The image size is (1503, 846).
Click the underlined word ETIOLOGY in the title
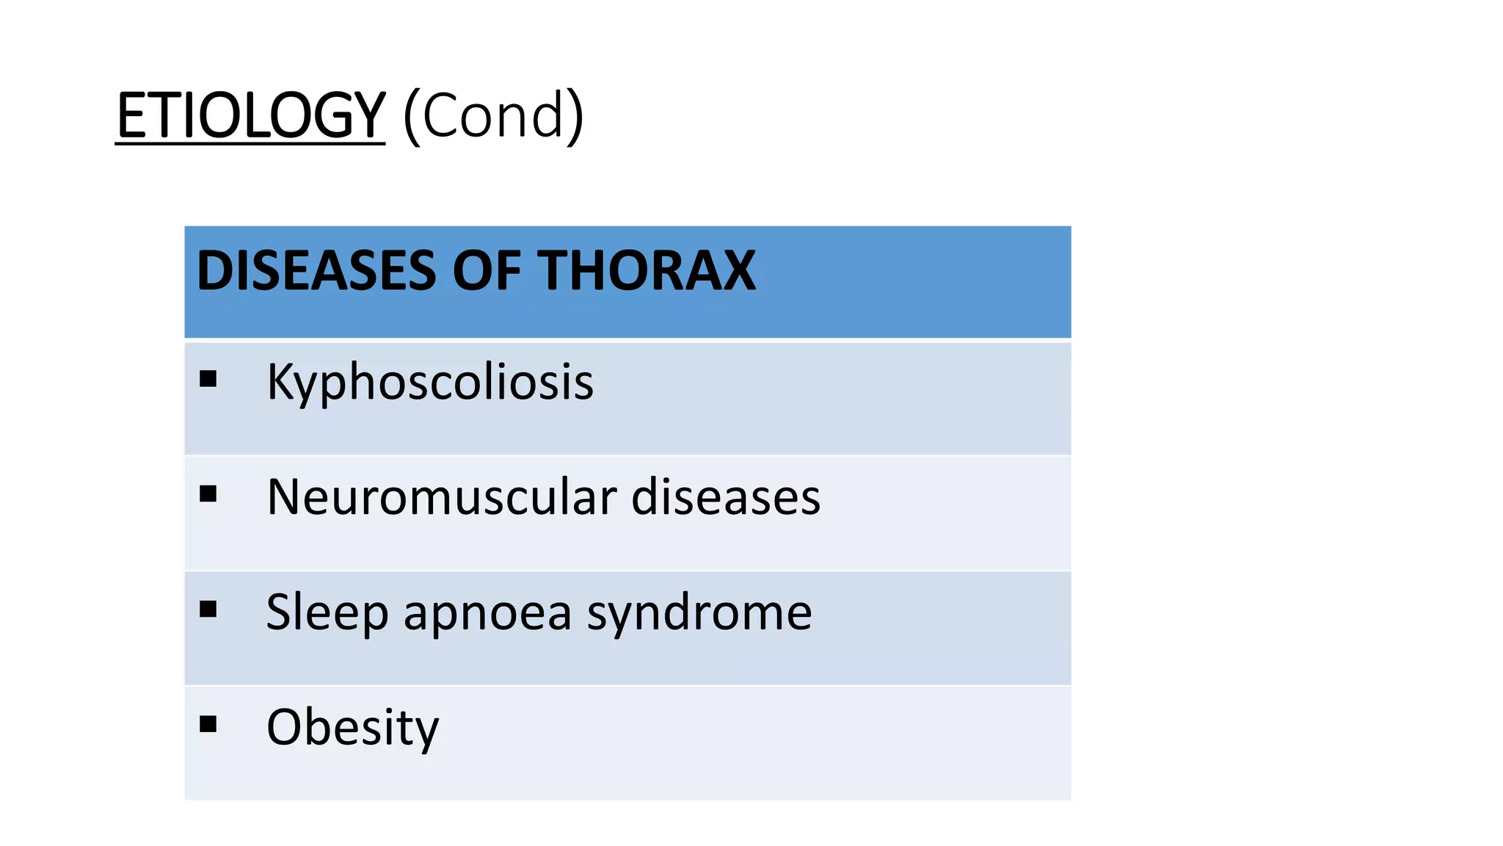click(x=250, y=116)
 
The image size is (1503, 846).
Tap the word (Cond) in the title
click(x=493, y=116)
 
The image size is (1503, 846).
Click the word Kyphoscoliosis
click(x=430, y=383)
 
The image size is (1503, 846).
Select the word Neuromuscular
click(x=442, y=497)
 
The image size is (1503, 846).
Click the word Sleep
click(x=327, y=612)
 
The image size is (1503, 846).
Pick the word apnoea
click(x=487, y=612)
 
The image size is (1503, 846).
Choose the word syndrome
click(x=699, y=612)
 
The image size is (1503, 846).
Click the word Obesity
click(x=352, y=727)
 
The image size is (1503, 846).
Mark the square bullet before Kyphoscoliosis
click(x=208, y=379)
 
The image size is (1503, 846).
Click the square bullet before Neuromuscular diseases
click(x=208, y=493)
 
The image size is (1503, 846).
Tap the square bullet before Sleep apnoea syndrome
click(x=208, y=609)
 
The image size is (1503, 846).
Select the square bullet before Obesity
click(x=208, y=724)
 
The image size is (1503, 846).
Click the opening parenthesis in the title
click(x=411, y=116)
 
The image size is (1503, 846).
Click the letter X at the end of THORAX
click(x=737, y=271)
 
